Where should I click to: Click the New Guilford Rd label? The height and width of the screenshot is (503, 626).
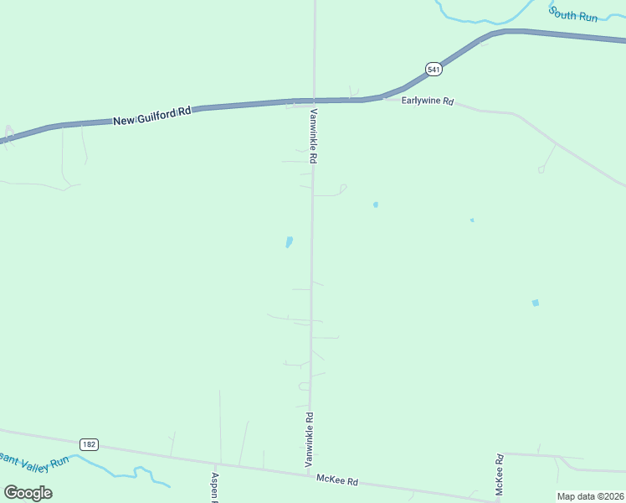coord(152,114)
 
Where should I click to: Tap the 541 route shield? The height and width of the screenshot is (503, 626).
coord(433,70)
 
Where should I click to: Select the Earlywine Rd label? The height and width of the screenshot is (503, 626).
coord(428,101)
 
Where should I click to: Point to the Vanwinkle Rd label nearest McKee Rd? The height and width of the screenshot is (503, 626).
coord(309,438)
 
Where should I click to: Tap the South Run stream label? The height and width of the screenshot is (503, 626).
coord(573,14)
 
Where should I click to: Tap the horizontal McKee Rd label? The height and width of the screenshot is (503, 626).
coord(337,480)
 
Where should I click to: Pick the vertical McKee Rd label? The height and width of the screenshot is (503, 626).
coord(499,474)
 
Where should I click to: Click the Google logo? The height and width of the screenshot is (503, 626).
coord(28,492)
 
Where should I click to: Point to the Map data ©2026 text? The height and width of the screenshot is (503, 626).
coord(590,496)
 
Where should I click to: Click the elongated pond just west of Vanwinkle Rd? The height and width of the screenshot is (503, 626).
coord(290,242)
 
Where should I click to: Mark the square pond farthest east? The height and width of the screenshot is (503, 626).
coord(536,303)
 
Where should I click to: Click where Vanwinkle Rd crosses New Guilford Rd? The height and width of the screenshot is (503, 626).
coord(314,100)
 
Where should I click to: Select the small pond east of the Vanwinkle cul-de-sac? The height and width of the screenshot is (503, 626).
coord(376,205)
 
